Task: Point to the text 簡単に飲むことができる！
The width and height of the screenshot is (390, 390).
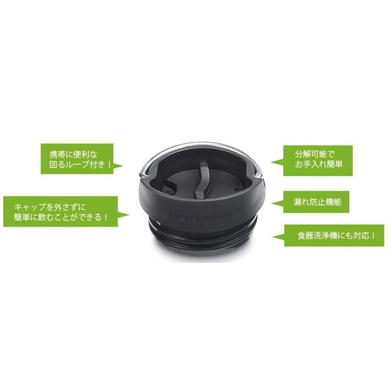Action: click(60, 218)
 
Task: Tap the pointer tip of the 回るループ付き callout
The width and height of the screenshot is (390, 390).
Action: click(122, 166)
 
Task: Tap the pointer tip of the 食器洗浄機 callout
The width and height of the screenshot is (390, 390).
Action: click(273, 238)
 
